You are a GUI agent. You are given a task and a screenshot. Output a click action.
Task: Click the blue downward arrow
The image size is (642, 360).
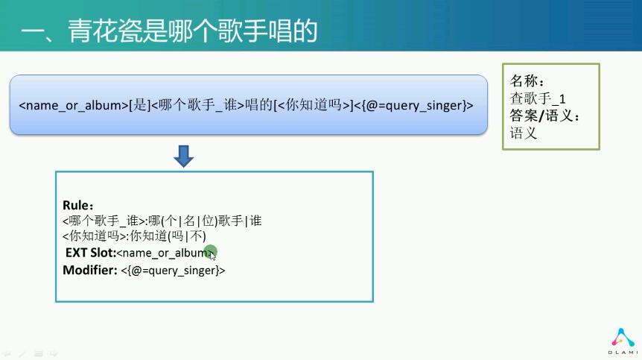tap(183, 156)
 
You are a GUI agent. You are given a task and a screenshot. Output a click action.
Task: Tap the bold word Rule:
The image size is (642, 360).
tap(77, 205)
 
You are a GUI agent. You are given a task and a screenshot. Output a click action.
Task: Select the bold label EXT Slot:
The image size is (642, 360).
tap(91, 252)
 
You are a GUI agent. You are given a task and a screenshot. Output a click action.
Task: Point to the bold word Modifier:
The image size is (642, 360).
tap(90, 270)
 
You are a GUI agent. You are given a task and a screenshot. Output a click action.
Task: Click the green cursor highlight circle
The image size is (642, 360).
tap(211, 251)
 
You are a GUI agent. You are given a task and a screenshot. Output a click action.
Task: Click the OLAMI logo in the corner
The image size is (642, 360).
tap(623, 341)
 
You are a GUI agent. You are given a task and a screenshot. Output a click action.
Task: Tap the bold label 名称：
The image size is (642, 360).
tap(527, 80)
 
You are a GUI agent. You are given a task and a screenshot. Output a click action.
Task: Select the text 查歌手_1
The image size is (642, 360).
tap(538, 98)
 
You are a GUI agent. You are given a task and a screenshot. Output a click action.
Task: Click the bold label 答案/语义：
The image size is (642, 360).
tap(545, 116)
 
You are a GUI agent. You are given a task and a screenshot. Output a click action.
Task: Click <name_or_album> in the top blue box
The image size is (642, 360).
tap(74, 105)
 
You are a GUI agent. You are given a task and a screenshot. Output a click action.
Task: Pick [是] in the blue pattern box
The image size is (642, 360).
tap(139, 105)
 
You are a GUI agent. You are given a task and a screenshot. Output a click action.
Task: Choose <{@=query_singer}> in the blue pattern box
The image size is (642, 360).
tap(413, 105)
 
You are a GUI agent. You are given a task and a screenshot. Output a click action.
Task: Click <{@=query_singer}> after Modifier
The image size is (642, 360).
tap(173, 271)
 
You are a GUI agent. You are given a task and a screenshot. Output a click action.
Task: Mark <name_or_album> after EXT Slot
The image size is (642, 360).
tap(165, 253)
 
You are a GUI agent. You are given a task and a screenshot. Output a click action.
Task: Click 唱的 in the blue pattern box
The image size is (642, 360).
tap(259, 105)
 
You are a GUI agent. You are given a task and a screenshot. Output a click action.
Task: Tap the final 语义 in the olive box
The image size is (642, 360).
tap(524, 133)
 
